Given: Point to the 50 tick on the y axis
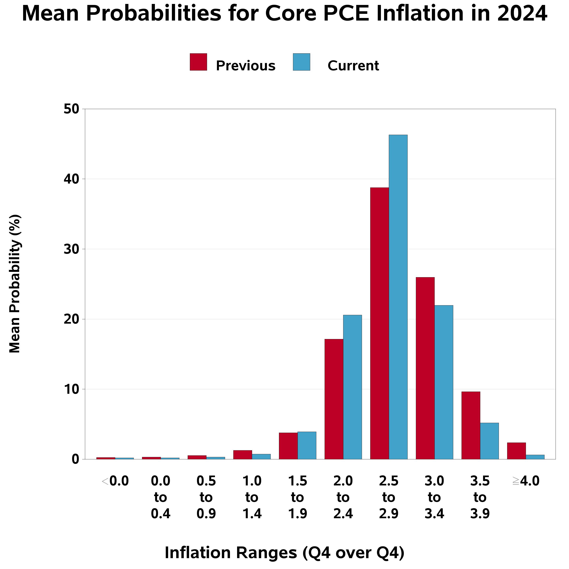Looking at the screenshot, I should tap(72, 109).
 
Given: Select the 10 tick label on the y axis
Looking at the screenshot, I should tap(72, 389).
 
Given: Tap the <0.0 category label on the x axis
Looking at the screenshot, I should tap(115, 481).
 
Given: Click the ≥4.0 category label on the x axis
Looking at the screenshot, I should tap(526, 481).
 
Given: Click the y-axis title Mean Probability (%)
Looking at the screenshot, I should tap(15, 284).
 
